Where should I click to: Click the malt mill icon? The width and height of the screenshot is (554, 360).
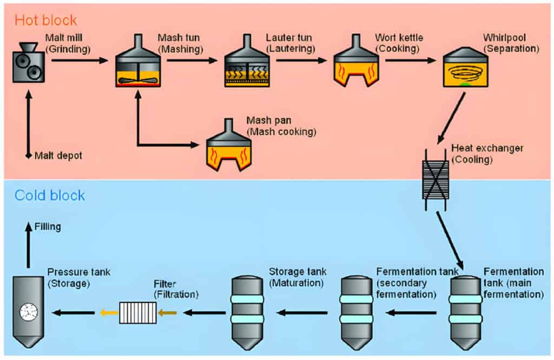pos(29,63)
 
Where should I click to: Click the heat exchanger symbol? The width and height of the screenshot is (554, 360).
pos(435,179)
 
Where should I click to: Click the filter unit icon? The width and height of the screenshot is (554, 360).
pos(137,313)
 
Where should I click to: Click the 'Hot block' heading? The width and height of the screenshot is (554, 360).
pos(45,21)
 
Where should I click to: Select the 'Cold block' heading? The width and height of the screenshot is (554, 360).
pos(50,195)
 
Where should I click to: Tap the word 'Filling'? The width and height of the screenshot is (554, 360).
pos(48,227)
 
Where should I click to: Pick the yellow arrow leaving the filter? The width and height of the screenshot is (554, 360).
pos(108,312)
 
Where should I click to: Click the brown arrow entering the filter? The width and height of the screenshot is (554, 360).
pos(167,312)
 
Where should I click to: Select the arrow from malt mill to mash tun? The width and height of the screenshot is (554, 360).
pos(80,60)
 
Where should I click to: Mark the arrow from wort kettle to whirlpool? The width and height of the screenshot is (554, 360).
pos(410,60)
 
